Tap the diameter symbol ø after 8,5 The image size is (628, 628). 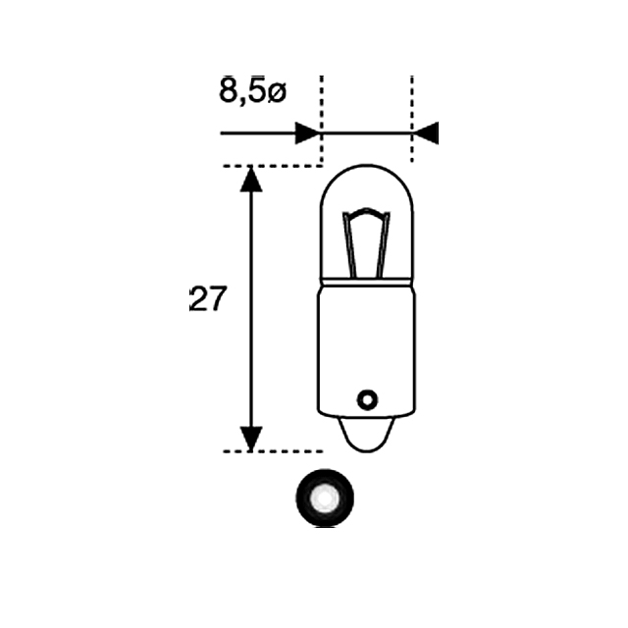pos(276,93)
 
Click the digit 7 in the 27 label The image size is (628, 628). pos(217,299)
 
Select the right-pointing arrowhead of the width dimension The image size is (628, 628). pos(307,133)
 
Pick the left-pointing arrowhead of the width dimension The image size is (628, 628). pos(425,133)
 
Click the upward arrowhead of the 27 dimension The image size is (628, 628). pos(252,180)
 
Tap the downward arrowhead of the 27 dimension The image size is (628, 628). pos(252,439)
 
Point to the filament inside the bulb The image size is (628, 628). pos(366,245)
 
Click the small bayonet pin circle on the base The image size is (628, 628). pos(367,399)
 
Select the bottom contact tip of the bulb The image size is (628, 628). pos(367,437)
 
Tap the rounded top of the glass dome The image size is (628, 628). pos(367,170)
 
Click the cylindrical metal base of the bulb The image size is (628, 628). pos(367,343)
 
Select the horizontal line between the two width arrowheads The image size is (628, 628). pos(366,133)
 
